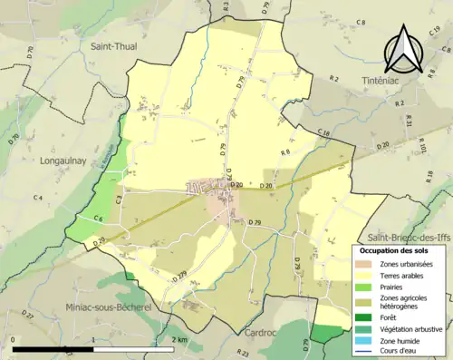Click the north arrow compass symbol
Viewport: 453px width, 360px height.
(403, 47)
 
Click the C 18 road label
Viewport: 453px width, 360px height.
(323, 133)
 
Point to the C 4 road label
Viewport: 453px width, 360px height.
(38, 198)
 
